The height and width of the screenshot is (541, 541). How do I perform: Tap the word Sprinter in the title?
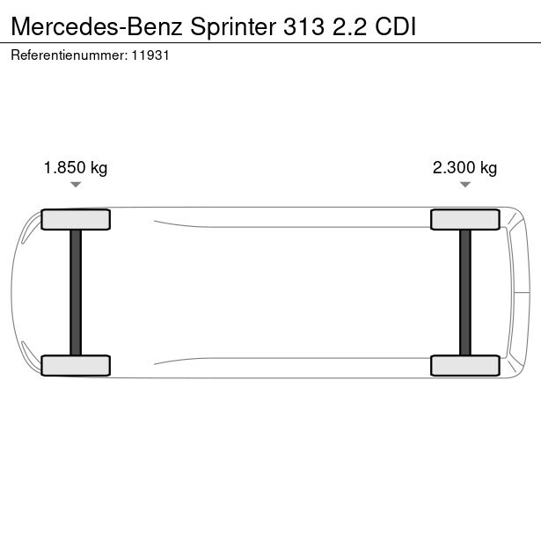(x=233, y=27)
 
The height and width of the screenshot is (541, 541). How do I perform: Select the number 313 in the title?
(x=304, y=26)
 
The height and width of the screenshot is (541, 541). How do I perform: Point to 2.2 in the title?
(x=349, y=26)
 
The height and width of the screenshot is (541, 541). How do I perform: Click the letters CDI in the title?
(x=395, y=26)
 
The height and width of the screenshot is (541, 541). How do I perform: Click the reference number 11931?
(x=150, y=55)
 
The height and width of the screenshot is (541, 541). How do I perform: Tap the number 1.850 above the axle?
(x=64, y=168)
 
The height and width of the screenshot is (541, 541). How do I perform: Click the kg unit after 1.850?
(x=99, y=169)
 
